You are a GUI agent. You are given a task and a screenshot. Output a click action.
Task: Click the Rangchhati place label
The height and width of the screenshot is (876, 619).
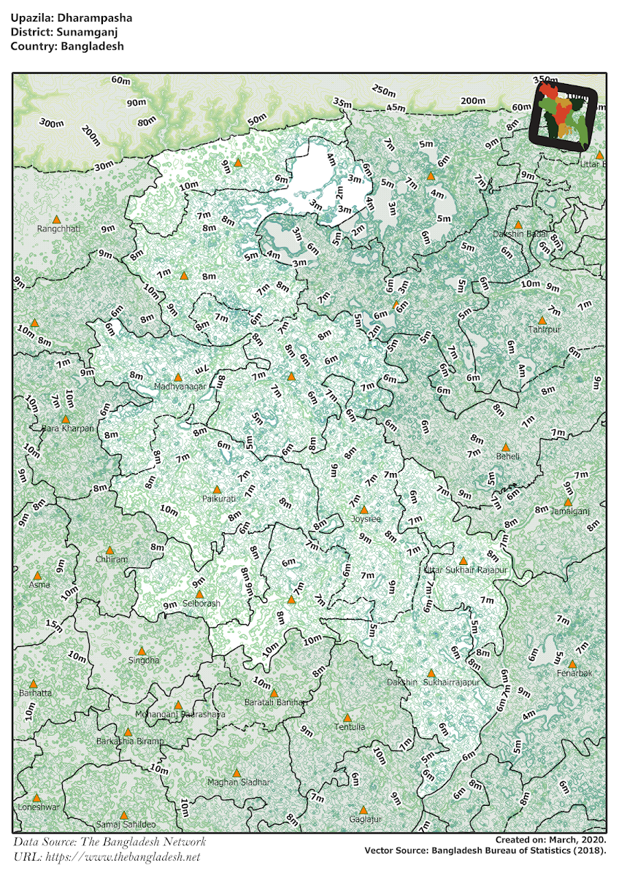(x=58, y=228)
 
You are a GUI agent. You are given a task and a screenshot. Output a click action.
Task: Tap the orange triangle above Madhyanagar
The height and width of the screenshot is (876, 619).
(x=177, y=377)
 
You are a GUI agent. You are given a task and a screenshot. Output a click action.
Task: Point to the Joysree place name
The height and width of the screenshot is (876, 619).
(x=365, y=519)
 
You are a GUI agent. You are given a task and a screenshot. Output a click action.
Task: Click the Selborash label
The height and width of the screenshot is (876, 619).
(x=201, y=604)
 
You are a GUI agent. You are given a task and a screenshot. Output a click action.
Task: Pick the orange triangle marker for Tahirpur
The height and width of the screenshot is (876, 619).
(x=542, y=320)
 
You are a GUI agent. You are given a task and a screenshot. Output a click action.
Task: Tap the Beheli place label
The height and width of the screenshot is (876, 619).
(x=508, y=456)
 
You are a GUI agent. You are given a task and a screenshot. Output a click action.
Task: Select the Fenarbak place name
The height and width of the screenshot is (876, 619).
(x=573, y=672)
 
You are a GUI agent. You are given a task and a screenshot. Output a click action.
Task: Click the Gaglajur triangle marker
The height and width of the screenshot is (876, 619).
(x=363, y=809)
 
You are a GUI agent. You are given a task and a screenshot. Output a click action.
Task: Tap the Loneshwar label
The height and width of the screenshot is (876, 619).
(x=38, y=807)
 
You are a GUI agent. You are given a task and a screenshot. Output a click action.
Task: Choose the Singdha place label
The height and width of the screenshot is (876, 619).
(x=143, y=660)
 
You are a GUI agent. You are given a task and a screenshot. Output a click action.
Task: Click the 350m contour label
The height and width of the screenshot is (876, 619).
(x=545, y=81)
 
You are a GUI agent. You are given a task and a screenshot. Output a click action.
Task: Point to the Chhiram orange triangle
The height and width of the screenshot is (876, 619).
(x=110, y=550)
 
